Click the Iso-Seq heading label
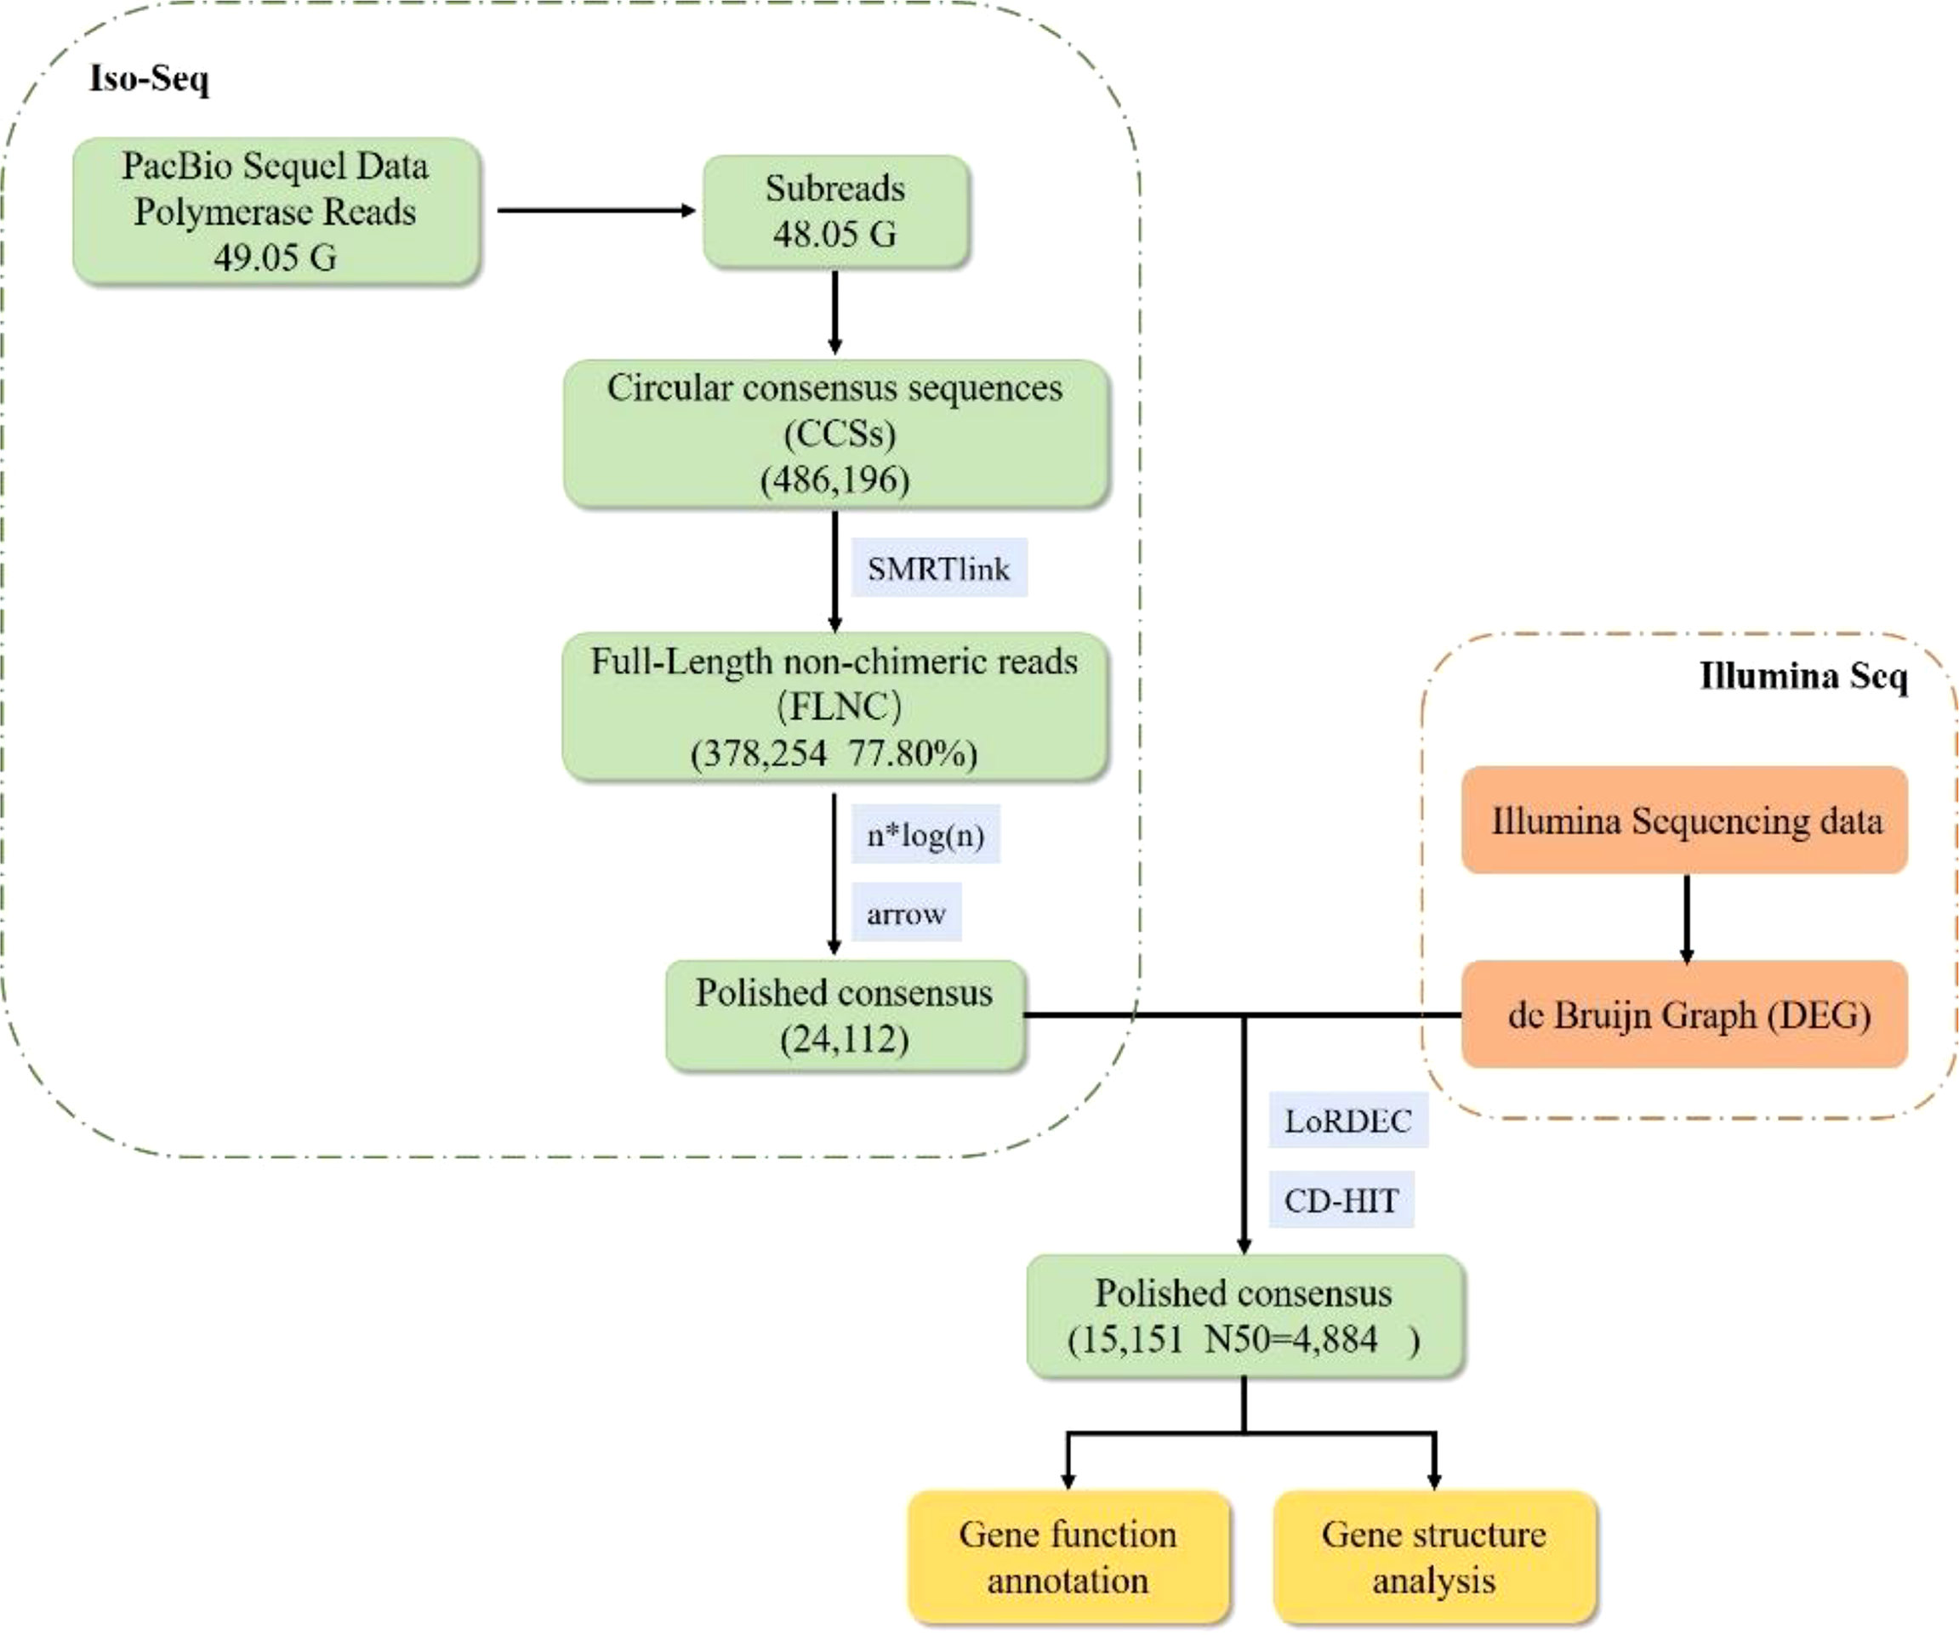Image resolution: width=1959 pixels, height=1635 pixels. click(x=149, y=78)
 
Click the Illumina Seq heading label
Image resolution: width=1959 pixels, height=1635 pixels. click(x=1802, y=675)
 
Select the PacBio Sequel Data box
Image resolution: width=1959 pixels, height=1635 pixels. click(x=276, y=212)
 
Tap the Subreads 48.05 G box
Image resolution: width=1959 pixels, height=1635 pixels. click(x=836, y=212)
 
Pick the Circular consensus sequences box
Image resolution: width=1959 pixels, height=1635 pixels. click(x=836, y=433)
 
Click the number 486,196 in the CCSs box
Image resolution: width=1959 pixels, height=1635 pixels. click(x=835, y=480)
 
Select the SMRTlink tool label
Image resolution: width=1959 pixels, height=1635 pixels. click(x=938, y=568)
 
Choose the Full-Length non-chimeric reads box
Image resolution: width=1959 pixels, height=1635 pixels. click(x=835, y=706)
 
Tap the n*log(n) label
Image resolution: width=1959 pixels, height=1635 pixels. click(x=925, y=834)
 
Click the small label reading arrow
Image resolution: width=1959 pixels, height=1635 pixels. click(x=906, y=913)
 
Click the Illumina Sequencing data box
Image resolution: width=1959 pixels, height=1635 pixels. click(x=1685, y=820)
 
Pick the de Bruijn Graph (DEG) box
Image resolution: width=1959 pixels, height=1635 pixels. click(x=1685, y=1015)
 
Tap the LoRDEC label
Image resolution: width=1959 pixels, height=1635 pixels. click(x=1348, y=1120)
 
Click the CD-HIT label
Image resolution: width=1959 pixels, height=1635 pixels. click(x=1341, y=1200)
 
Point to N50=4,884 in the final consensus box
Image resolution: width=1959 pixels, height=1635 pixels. click(x=1291, y=1339)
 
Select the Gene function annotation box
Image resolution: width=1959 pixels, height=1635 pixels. click(x=1068, y=1557)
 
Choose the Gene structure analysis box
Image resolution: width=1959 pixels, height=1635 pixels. click(x=1434, y=1557)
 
